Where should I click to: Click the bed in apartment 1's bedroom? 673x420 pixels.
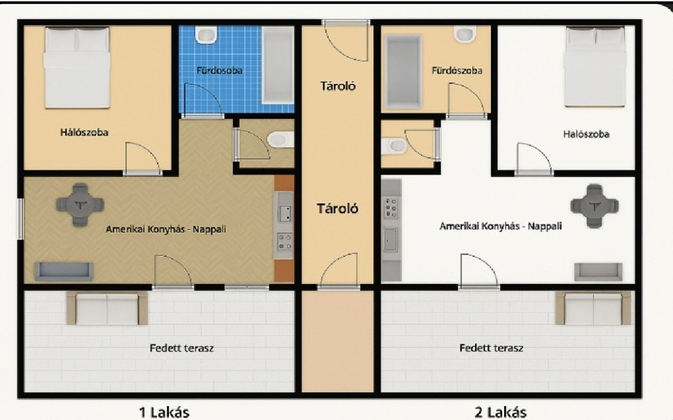[77, 67]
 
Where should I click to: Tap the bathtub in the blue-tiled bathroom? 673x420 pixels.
[278, 65]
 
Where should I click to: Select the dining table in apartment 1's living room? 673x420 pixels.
[80, 205]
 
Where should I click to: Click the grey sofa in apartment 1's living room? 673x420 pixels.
[63, 271]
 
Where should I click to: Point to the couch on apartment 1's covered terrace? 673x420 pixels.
[107, 308]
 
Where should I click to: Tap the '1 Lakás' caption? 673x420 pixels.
[164, 413]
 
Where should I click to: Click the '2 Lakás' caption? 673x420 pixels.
[501, 413]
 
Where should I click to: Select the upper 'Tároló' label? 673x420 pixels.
[338, 86]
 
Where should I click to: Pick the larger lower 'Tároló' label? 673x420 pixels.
[337, 209]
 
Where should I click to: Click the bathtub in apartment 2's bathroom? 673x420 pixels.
[403, 71]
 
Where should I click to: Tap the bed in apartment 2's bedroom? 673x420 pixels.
[594, 67]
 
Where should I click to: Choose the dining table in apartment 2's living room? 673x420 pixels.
[594, 206]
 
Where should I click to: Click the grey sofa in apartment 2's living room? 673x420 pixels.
[598, 271]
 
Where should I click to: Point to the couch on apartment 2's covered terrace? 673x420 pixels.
[593, 308]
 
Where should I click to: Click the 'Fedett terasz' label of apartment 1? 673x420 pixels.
[182, 348]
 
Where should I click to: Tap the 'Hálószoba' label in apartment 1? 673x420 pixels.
[84, 133]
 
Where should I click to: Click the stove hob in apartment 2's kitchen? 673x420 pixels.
[390, 208]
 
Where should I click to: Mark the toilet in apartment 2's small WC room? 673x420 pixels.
[394, 145]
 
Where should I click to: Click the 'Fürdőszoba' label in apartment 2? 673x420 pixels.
[457, 71]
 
